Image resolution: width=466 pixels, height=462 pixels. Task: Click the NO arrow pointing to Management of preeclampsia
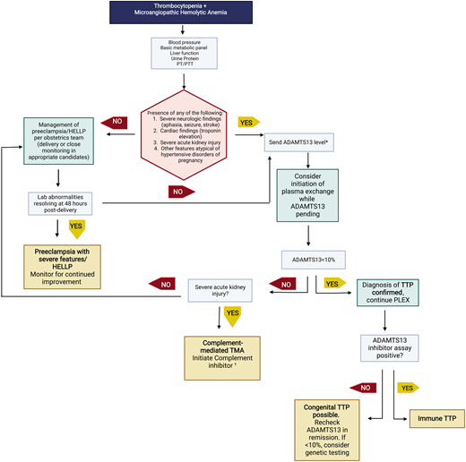[117, 121]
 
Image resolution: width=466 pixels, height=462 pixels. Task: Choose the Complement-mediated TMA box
[220, 352]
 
